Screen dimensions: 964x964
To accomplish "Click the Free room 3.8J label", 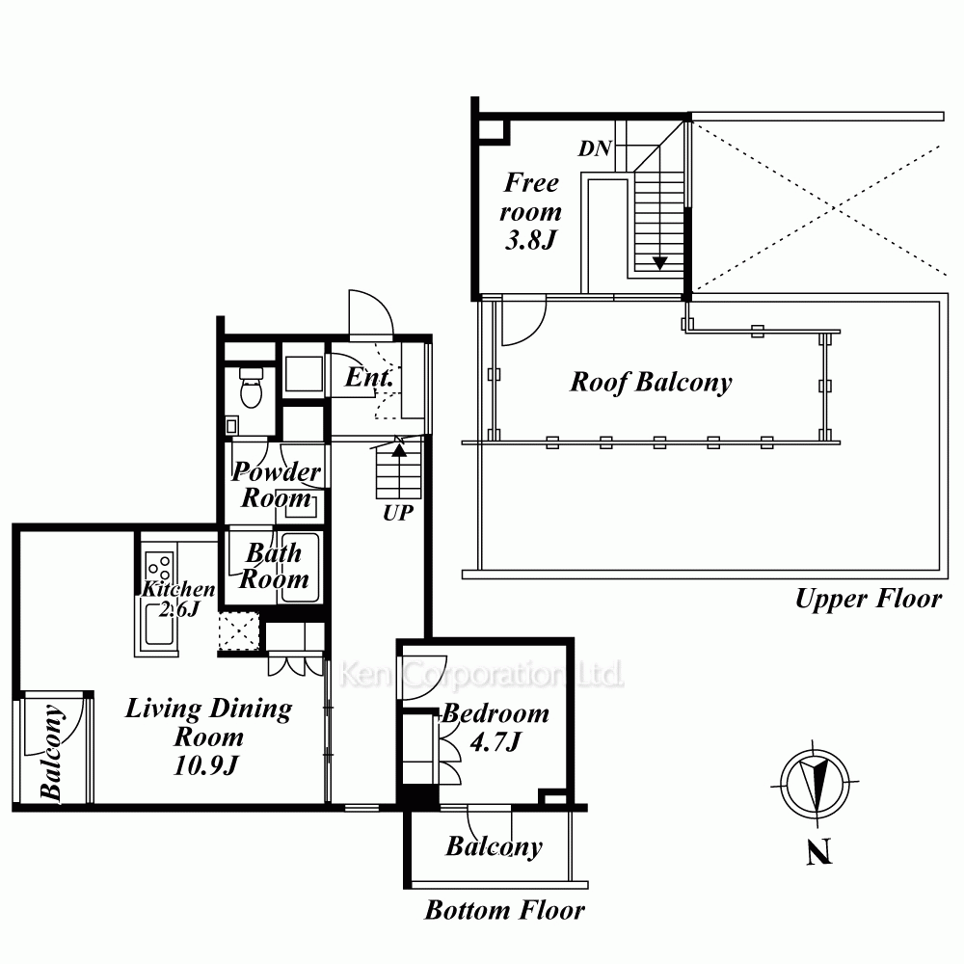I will pos(530,211).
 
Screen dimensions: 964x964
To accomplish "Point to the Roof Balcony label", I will pos(651,383).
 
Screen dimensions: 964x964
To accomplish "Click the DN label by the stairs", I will pos(594,148).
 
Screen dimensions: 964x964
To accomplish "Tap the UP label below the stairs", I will pos(397,513).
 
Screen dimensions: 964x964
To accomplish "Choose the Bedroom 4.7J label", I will pos(495,728).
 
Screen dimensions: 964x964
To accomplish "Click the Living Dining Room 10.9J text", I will pos(208,737).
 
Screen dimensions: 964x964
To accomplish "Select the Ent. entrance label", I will pos(368,378).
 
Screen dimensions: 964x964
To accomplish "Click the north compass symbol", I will pos(816,783).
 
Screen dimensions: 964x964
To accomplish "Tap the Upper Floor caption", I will pos(867,599).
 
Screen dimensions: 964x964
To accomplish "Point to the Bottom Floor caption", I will pos(505,910).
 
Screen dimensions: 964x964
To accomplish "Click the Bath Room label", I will pos(274,567).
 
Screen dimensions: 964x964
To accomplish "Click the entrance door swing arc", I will pos(371,313).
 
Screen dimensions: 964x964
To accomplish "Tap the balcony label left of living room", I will pos(53,753).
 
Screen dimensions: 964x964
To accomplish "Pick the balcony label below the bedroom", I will pos(494,847).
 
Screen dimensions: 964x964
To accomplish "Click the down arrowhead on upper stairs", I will pos(660,261).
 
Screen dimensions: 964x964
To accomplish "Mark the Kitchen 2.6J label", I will pos(178,599).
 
